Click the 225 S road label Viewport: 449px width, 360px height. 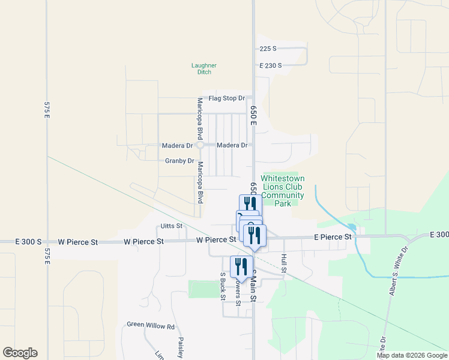pos(268,49)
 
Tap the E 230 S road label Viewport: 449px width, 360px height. pos(270,65)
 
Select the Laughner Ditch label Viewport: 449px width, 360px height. pos(204,68)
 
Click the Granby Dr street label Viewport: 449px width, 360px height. pos(179,161)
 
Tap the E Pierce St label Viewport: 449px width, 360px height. pos(333,237)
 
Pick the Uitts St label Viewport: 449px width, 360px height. pos(172,226)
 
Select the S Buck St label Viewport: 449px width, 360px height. pos(223,286)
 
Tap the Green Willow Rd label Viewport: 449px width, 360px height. pos(150,326)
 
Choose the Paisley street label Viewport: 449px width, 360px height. pos(180,347)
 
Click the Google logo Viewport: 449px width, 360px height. pos(20,353)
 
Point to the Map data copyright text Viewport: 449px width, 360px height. pos(412,355)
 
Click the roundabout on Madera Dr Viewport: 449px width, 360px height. pos(200,145)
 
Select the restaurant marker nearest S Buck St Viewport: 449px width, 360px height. pos(241,266)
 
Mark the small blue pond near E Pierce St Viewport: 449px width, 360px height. pos(352,227)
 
